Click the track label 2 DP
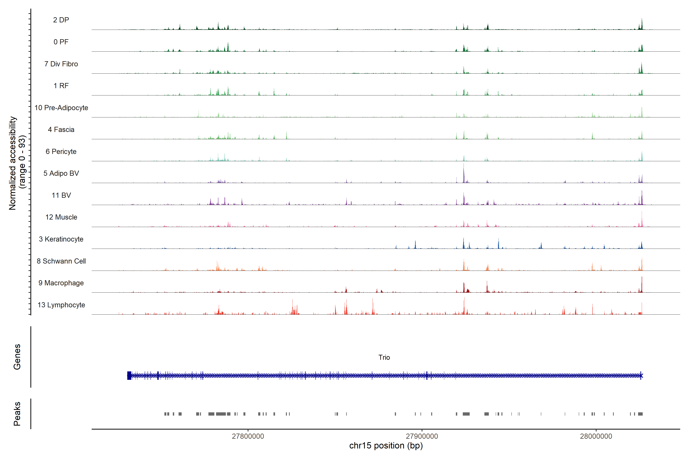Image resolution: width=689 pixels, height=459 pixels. tap(61, 20)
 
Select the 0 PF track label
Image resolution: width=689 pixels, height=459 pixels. tap(61, 42)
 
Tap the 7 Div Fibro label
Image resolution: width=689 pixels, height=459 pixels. tap(61, 64)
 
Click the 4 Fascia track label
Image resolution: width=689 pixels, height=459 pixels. tap(61, 129)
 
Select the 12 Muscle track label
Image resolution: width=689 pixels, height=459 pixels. tap(61, 217)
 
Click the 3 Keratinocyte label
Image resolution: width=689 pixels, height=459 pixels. tap(61, 239)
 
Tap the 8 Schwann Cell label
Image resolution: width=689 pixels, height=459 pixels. tap(61, 261)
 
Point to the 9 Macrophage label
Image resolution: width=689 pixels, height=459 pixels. tap(61, 283)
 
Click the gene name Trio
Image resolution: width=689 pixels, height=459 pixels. tap(384, 357)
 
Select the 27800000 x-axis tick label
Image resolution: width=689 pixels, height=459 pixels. tap(248, 436)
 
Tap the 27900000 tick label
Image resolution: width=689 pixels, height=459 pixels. tap(422, 436)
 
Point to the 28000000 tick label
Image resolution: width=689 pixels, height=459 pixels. tap(596, 436)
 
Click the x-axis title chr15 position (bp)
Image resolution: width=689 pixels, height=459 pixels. tap(386, 446)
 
